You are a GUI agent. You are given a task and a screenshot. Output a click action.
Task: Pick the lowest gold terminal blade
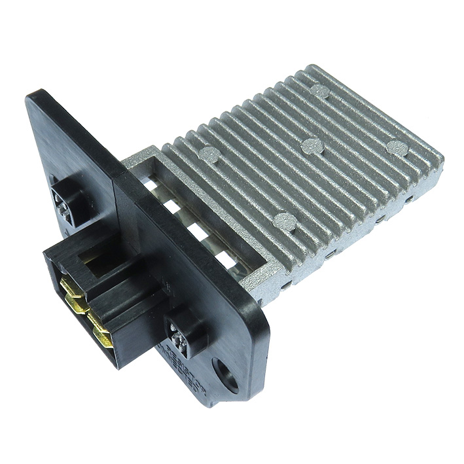pos(105,338)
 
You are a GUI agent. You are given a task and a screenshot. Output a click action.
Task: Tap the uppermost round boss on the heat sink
pos(319,91)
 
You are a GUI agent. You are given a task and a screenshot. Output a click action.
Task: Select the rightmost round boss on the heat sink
pos(395,147)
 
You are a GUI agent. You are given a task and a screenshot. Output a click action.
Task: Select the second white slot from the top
pos(172,209)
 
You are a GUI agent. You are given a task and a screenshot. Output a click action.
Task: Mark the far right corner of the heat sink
pos(442,159)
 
